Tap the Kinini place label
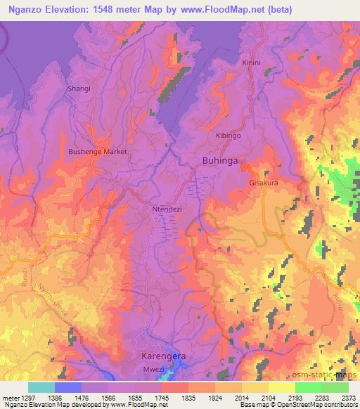[x=251, y=63]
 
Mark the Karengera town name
[x=160, y=356]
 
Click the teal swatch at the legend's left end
[x=41, y=387]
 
